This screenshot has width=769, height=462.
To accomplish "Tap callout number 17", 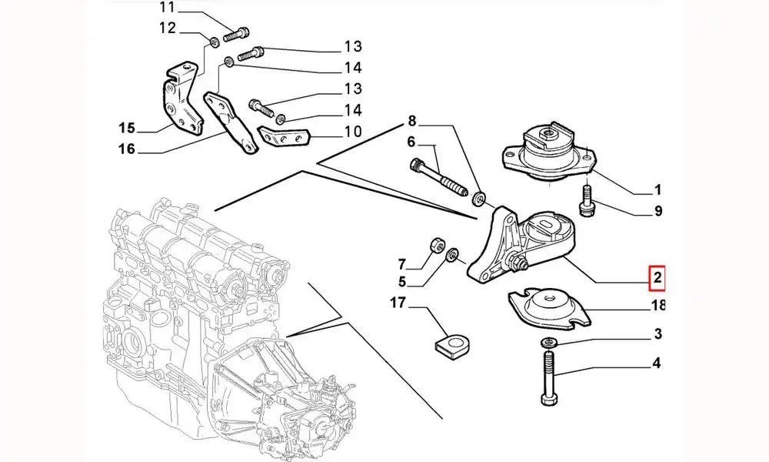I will point(398,303).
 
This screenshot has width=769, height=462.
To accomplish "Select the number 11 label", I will point(168,8).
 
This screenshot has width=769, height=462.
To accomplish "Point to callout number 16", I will point(127,149).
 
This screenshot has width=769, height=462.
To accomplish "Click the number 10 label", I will point(352,132).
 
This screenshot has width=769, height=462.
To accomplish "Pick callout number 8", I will point(411,120).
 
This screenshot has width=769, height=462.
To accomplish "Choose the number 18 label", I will point(658,306).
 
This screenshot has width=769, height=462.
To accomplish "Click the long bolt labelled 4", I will point(548,377).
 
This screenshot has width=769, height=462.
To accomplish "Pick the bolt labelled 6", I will point(438,177).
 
